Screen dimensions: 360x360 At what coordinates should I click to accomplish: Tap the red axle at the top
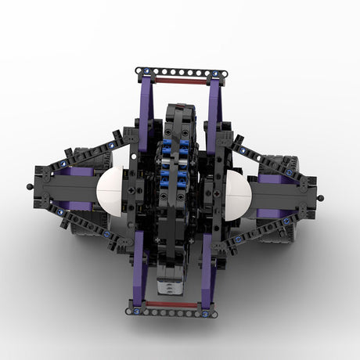point(181,80)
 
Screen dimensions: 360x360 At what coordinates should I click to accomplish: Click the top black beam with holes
point(182,72)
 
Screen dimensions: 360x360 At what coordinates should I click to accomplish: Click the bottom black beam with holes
point(172,312)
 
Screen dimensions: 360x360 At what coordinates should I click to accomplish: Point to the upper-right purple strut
point(214,102)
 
